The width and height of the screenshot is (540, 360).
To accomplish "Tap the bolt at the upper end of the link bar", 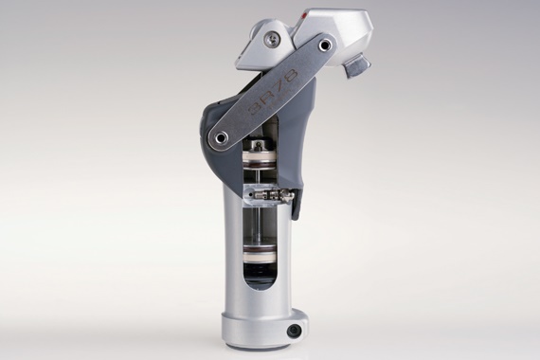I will (325, 44).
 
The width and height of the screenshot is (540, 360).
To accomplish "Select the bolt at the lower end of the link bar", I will (221, 138).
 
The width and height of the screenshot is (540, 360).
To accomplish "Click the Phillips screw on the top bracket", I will (273, 39).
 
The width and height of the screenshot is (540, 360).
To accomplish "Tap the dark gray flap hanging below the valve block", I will (296, 204).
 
